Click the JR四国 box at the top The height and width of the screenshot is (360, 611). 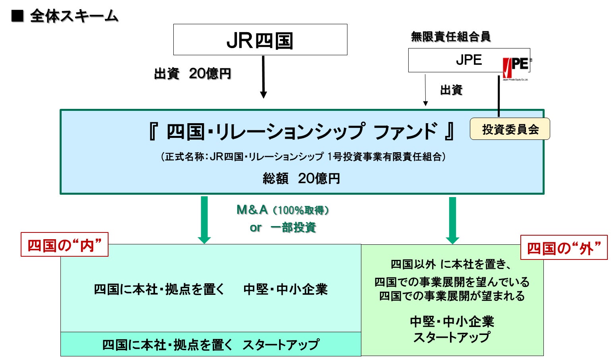pyautogui.click(x=260, y=40)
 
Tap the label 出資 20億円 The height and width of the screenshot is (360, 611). pyautogui.click(x=192, y=74)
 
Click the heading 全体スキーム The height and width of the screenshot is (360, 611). pyautogui.click(x=74, y=16)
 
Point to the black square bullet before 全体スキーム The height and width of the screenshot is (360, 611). pyautogui.click(x=17, y=16)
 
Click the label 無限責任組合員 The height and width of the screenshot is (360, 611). pyautogui.click(x=450, y=37)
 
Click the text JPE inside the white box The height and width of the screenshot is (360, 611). pyautogui.click(x=469, y=60)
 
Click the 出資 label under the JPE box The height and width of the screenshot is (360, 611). pyautogui.click(x=451, y=90)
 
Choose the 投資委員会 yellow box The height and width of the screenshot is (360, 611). pyautogui.click(x=510, y=129)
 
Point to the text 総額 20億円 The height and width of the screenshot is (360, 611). pyautogui.click(x=301, y=178)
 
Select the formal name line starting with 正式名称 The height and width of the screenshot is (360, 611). pyautogui.click(x=303, y=157)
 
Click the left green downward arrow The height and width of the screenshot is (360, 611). pyautogui.click(x=204, y=220)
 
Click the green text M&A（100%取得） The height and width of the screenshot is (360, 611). pyautogui.click(x=283, y=210)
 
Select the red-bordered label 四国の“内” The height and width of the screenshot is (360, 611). pyautogui.click(x=64, y=245)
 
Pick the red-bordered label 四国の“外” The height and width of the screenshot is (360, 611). pyautogui.click(x=564, y=248)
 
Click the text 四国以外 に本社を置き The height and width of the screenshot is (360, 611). pyautogui.click(x=450, y=264)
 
